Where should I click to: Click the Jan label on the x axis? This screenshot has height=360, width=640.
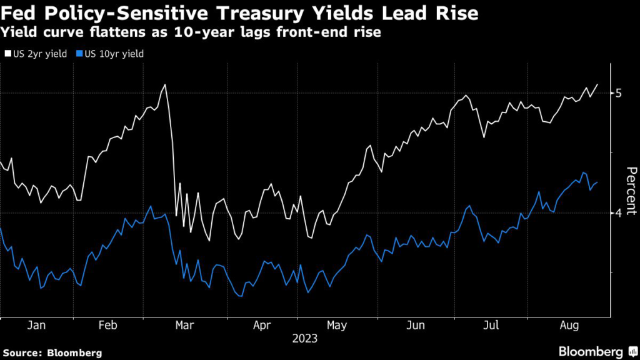pyautogui.click(x=36, y=326)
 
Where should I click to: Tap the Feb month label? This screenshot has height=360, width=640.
pyautogui.click(x=109, y=326)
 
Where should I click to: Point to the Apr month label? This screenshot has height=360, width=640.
pyautogui.click(x=262, y=326)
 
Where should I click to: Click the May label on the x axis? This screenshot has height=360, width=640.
pyautogui.click(x=337, y=326)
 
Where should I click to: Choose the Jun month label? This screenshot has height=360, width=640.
pyautogui.click(x=416, y=326)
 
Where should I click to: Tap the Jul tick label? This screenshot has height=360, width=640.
pyautogui.click(x=492, y=326)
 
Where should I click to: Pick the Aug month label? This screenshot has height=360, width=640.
pyautogui.click(x=567, y=326)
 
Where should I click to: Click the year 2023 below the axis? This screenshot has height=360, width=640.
pyautogui.click(x=304, y=339)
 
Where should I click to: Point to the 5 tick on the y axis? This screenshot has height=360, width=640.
pyautogui.click(x=619, y=93)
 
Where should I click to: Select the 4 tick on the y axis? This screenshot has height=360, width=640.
pyautogui.click(x=619, y=213)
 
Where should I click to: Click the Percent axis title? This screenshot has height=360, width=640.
pyautogui.click(x=631, y=191)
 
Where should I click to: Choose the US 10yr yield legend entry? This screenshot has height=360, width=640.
pyautogui.click(x=110, y=54)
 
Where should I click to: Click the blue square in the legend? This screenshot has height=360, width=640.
pyautogui.click(x=79, y=54)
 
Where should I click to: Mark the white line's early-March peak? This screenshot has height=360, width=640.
pyautogui.click(x=165, y=84)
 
